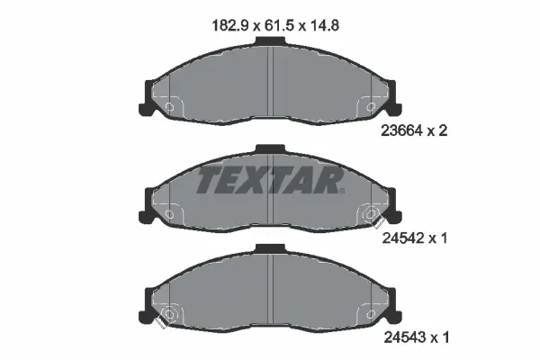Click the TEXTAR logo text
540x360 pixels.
[x=269, y=180]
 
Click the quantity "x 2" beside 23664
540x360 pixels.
[x=439, y=130]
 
